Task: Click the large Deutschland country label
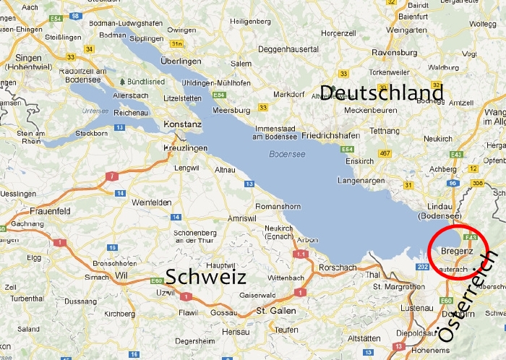coord(381,93)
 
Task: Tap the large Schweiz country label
coord(206,277)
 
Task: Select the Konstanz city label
coord(183,124)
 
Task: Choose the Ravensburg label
coord(395,52)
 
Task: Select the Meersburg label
coord(232,111)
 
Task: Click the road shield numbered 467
coord(385,153)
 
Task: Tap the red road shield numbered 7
coord(112,176)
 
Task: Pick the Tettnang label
coord(385,130)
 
